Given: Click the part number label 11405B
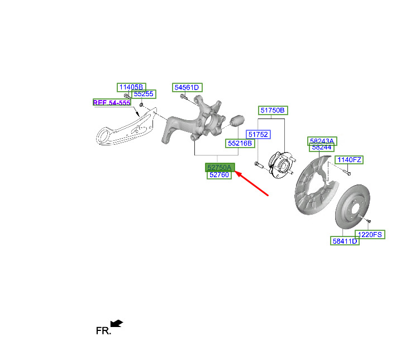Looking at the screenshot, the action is pos(131,87).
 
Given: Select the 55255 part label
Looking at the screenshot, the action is pos(144,94).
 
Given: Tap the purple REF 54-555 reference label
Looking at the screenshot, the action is pos(112,102).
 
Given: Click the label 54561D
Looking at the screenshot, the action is pos(187,87).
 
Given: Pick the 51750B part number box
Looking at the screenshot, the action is pos(273,110).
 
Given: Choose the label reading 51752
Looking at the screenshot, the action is pos(258,134).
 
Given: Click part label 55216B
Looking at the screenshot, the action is pos(240,144).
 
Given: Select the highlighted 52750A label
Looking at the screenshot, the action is pos(219,167).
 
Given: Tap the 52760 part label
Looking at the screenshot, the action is pos(219,175).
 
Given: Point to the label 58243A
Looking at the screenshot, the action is pos(322,141).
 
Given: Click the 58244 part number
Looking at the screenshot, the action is pos(322,148).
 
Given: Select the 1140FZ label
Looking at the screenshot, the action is pos(349,160).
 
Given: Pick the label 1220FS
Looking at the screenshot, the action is pos(370,235).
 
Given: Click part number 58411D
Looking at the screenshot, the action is pos(345,241).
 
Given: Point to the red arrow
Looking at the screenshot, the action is pos(252,184).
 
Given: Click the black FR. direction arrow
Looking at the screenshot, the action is pos(117,323).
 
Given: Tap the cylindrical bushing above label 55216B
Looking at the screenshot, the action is pos(237,121).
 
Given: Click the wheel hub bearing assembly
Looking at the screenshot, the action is pos(281,164).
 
